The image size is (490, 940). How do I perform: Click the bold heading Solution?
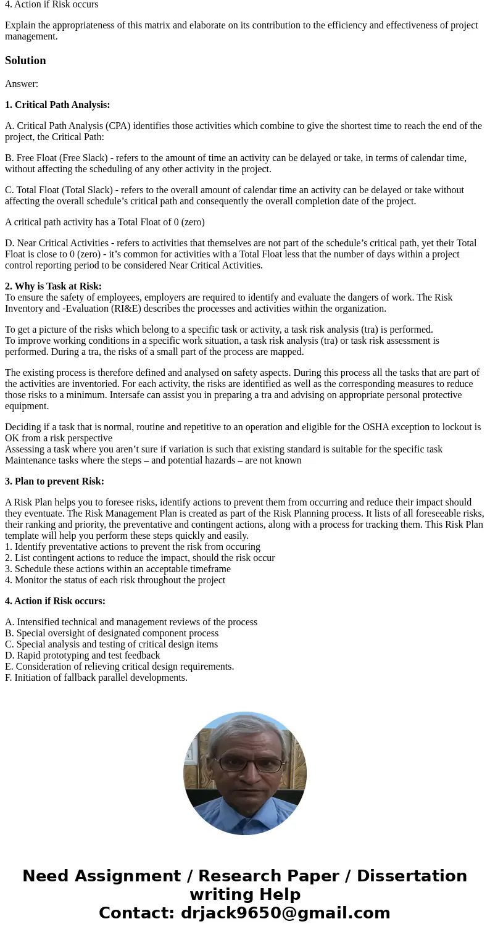25,60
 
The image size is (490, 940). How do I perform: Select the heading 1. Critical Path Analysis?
57,105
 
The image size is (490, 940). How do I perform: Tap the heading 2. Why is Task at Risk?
53,286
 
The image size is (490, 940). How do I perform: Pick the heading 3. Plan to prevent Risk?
54,481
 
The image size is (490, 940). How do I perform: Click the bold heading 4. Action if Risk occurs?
55,601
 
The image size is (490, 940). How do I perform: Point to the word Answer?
22,84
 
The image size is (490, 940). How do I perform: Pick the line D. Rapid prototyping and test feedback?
82,655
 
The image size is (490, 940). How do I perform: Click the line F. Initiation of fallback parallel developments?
96,678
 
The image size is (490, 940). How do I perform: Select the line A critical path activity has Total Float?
104,222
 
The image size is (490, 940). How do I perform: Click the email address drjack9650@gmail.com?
285,913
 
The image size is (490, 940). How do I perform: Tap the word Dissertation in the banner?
412,876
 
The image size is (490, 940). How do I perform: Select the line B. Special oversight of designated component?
111,633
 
